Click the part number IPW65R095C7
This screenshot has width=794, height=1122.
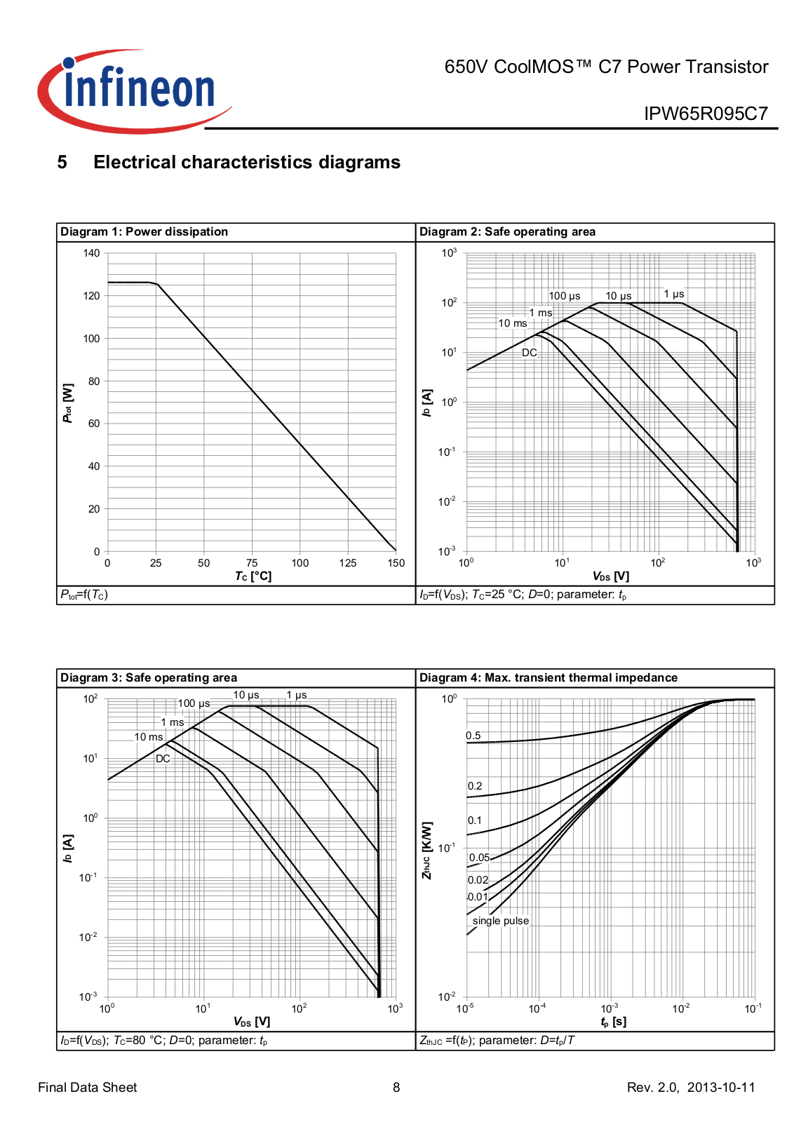click(x=706, y=114)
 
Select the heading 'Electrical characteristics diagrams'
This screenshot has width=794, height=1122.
click(x=247, y=162)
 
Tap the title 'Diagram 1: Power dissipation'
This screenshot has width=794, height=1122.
click(x=144, y=231)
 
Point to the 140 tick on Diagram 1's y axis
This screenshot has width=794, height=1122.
click(x=92, y=253)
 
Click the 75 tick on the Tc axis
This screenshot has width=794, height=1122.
click(x=252, y=562)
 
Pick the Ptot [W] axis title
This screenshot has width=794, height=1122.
click(x=68, y=403)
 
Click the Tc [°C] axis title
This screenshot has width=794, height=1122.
click(x=253, y=576)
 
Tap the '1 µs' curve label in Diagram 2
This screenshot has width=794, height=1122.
click(x=673, y=294)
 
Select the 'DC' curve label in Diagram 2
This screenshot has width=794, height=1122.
click(x=529, y=353)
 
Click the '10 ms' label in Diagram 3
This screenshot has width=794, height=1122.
click(x=149, y=737)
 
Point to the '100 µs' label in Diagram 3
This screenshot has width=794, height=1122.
click(x=194, y=703)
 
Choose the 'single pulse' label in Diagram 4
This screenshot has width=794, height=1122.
click(x=500, y=921)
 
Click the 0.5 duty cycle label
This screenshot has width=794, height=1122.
click(x=473, y=736)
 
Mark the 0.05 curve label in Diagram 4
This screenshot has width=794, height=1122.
click(x=479, y=858)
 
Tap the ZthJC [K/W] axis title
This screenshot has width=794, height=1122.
click(x=427, y=851)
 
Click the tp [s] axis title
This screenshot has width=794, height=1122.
click(x=613, y=1022)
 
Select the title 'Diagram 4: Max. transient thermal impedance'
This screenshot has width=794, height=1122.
click(x=548, y=677)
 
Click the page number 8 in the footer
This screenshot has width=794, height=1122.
click(x=396, y=1087)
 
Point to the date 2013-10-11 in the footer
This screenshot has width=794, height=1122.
click(x=721, y=1087)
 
